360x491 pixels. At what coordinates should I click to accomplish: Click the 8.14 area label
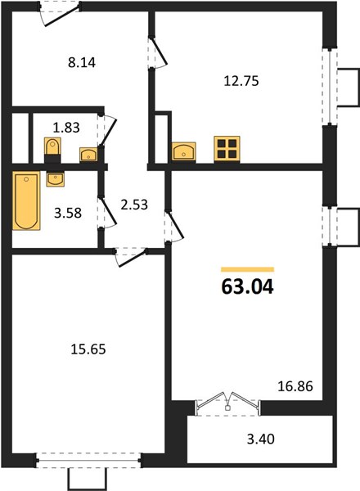pos(82,63)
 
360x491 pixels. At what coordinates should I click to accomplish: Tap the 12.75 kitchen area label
pos(241,81)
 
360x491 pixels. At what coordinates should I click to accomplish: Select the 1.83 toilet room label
pos(66,128)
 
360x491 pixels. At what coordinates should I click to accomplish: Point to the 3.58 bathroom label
pos(68,213)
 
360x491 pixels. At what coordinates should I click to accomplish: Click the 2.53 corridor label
pos(134,205)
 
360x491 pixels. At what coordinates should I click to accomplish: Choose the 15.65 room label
pos(88,349)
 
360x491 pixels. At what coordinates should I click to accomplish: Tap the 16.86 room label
pos(295,386)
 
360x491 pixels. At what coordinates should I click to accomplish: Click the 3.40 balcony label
pos(261,439)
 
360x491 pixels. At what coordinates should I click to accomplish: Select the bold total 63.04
pos(248,287)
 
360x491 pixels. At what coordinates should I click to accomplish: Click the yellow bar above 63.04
pos(248,269)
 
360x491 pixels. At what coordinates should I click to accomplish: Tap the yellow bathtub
pos(26,200)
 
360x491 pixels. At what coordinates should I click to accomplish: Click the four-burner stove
pos(227,150)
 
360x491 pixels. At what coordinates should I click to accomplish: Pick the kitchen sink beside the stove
pos(184,151)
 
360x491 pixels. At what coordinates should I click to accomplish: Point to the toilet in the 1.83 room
pos(52,149)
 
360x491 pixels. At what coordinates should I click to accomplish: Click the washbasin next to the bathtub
pos(56,179)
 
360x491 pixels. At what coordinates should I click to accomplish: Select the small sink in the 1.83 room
pos(88,155)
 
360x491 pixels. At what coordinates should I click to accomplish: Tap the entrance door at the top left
pos(60,15)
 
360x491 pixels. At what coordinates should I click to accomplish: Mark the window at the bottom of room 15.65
pos(88,460)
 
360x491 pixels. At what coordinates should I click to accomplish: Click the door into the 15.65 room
pos(130,257)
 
